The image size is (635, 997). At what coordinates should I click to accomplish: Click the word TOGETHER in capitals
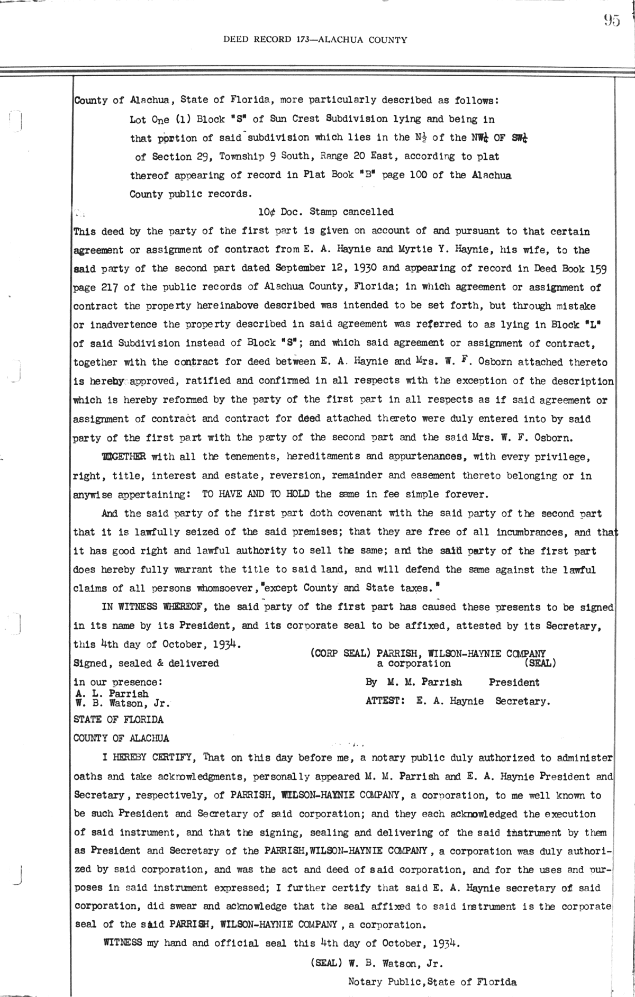124,457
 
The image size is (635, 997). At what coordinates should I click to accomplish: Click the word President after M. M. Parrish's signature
514,683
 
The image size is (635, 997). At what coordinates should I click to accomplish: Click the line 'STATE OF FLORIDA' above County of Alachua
119,720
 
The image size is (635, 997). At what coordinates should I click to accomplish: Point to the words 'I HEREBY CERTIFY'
151,758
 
